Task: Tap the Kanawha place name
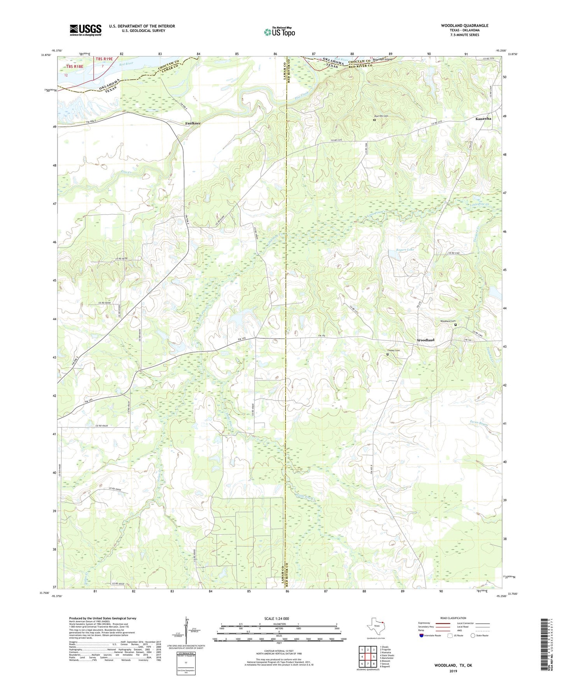[483, 119]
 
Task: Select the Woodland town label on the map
[425, 340]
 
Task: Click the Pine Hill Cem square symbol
[375, 120]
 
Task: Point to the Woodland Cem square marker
[456, 325]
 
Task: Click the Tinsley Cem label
[393, 350]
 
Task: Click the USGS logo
[86, 30]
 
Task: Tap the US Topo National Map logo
[279, 31]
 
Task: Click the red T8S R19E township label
[104, 59]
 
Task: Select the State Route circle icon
[473, 635]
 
